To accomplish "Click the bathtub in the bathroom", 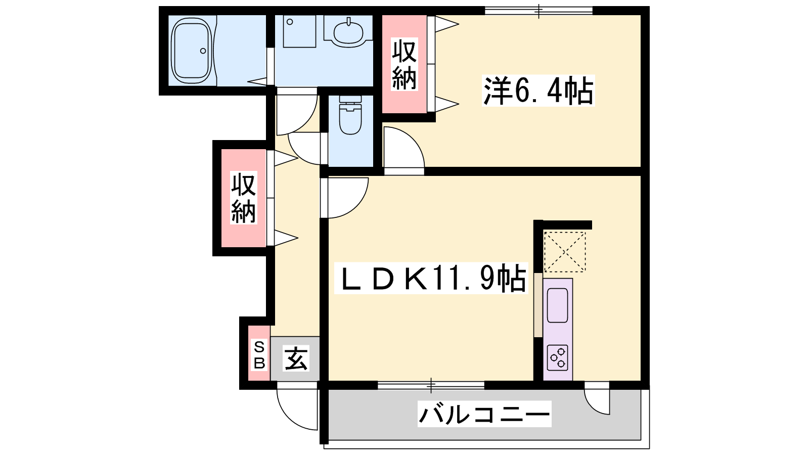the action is (x=192, y=51).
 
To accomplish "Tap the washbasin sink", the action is (x=348, y=32).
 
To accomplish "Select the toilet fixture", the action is (x=350, y=115).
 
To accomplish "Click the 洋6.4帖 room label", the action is (x=538, y=90).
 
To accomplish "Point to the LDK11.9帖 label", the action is (x=431, y=278).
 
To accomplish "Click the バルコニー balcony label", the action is (x=484, y=414).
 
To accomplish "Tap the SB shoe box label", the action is (x=259, y=355).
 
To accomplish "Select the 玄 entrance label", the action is (x=296, y=358).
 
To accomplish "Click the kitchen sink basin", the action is (x=557, y=305).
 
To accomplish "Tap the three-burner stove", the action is (x=557, y=358).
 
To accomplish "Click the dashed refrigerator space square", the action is (x=564, y=252).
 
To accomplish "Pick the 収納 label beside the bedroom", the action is (x=404, y=64).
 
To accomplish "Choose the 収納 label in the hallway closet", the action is (x=244, y=198).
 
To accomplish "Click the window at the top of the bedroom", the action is (x=538, y=11).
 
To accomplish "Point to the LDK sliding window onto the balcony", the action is (x=431, y=385).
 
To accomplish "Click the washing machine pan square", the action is (x=299, y=31).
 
